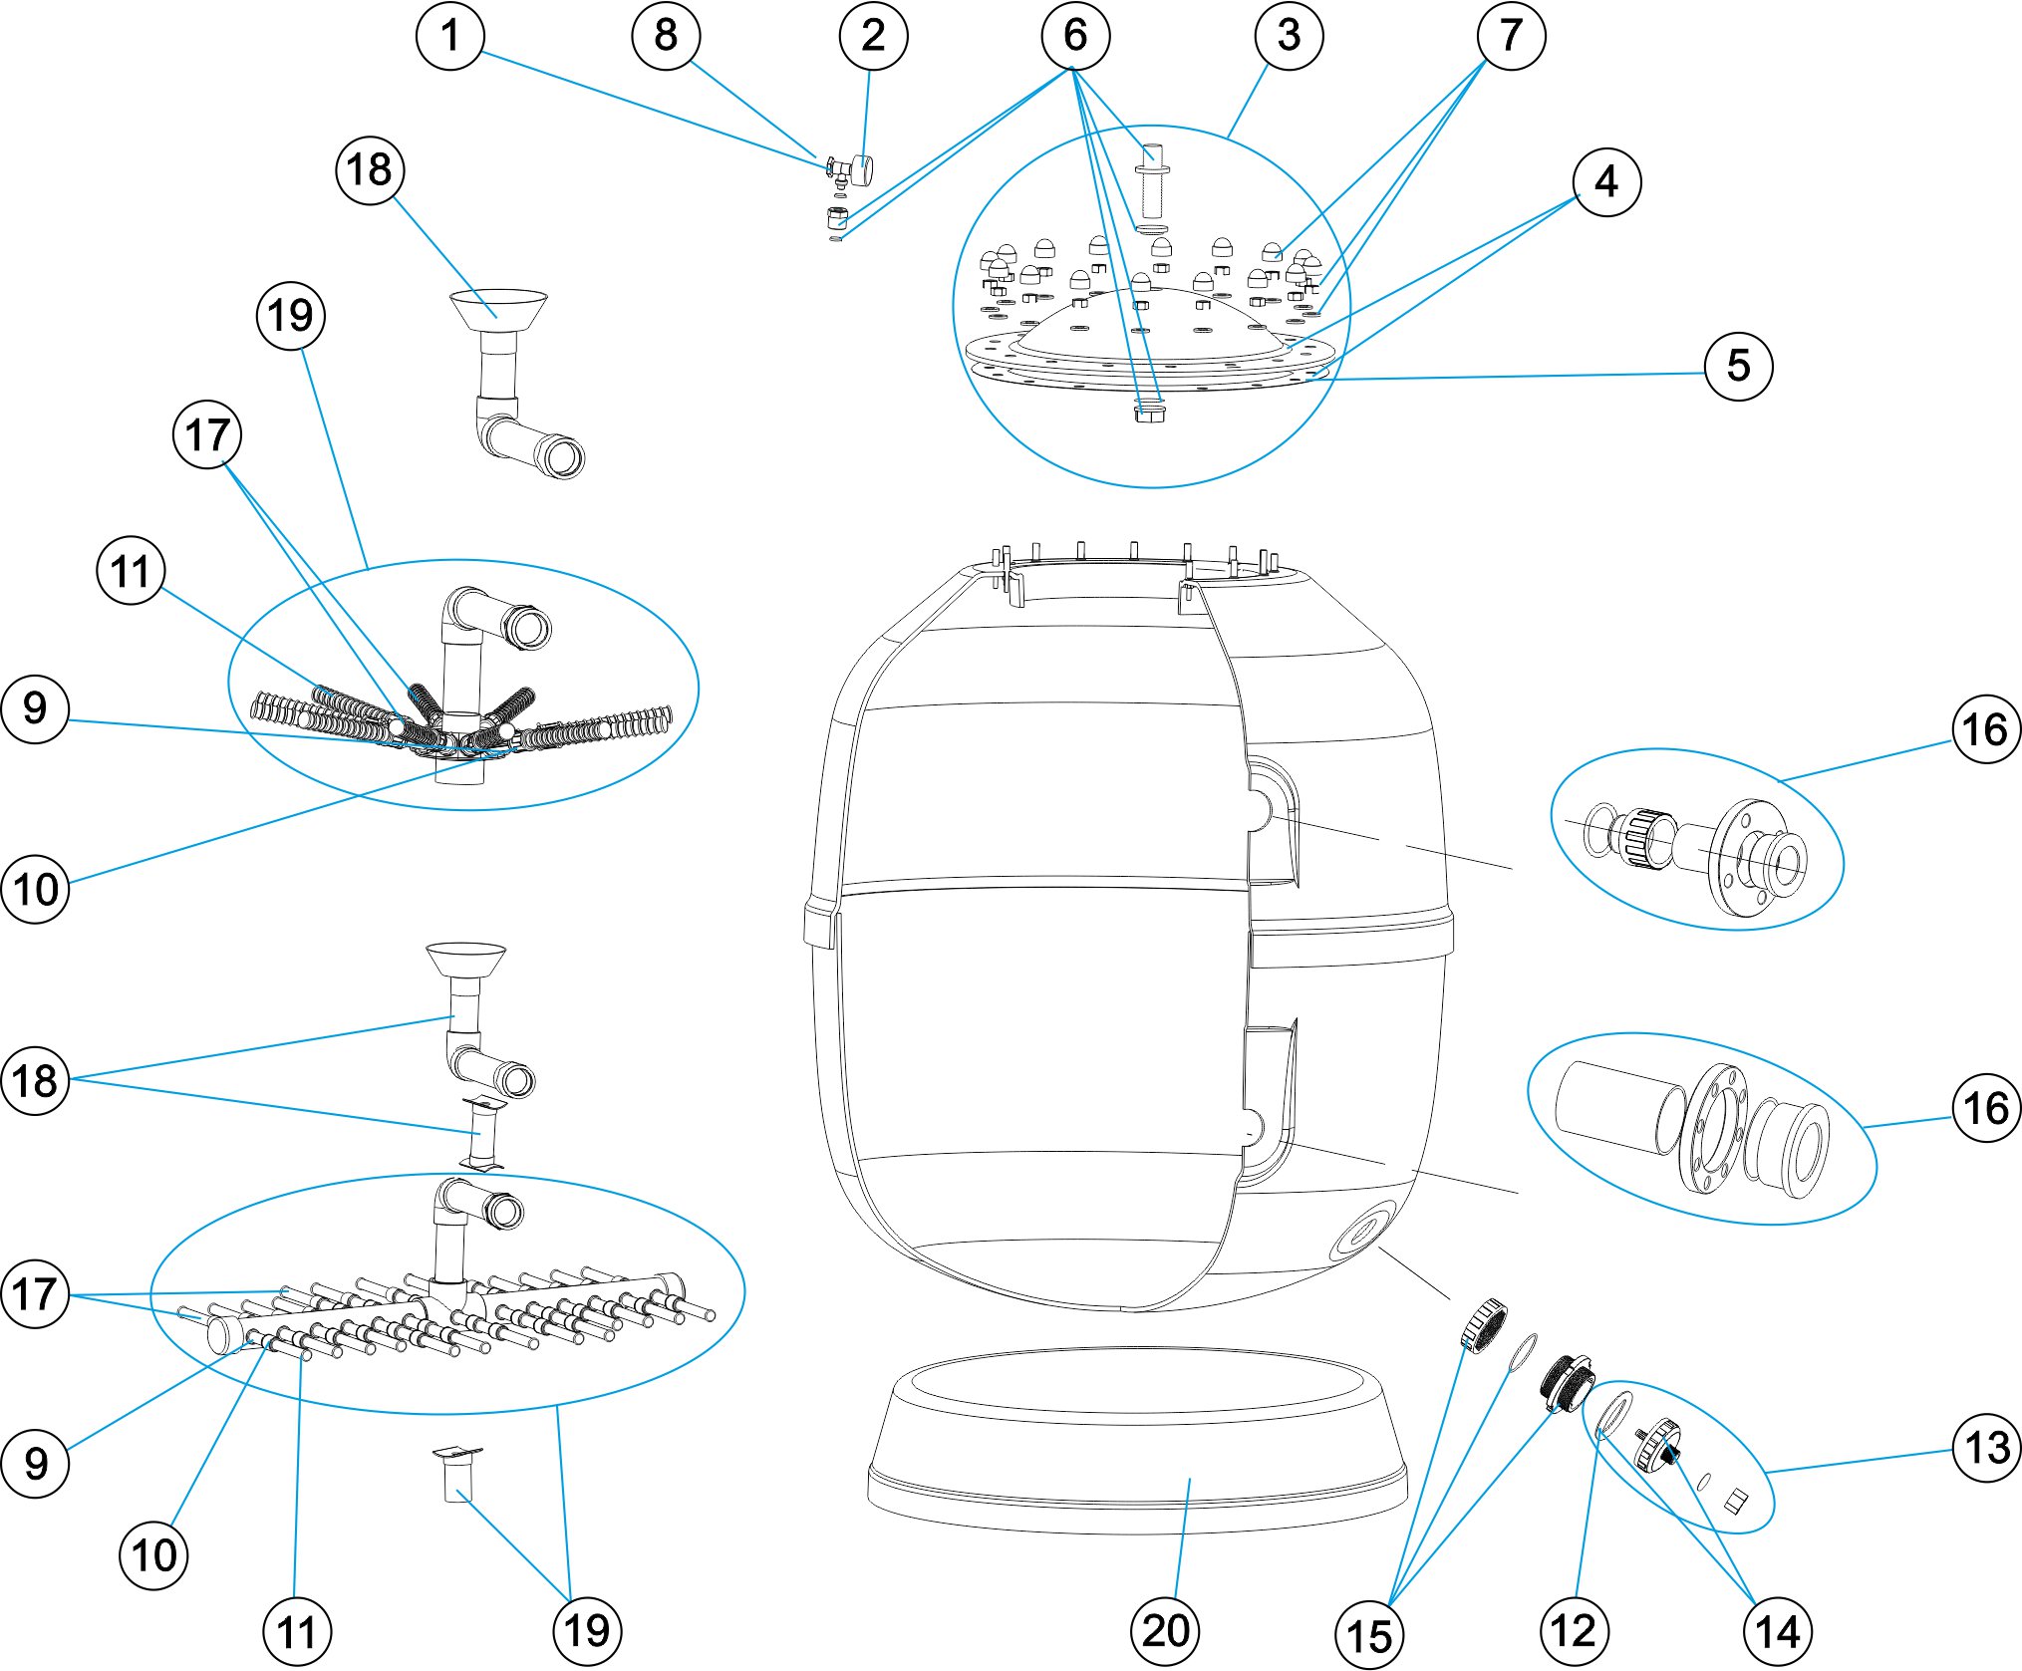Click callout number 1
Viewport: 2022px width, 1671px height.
pyautogui.click(x=450, y=36)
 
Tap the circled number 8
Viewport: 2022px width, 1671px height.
pyautogui.click(x=666, y=36)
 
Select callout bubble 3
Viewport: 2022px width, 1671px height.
pyautogui.click(x=1289, y=36)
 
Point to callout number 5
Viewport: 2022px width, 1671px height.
pyautogui.click(x=1738, y=366)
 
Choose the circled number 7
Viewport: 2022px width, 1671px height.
pyautogui.click(x=1511, y=36)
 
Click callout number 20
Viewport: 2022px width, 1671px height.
pyautogui.click(x=1165, y=1631)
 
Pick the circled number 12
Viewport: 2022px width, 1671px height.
pyautogui.click(x=1574, y=1631)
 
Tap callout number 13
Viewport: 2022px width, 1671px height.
pyautogui.click(x=1986, y=1448)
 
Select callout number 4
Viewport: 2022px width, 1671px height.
pyautogui.click(x=1606, y=182)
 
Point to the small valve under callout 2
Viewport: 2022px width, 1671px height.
pyautogui.click(x=849, y=172)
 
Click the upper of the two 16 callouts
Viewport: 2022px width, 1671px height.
pyautogui.click(x=1985, y=729)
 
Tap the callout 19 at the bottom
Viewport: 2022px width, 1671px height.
pyautogui.click(x=587, y=1631)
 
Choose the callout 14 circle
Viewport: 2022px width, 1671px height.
pyautogui.click(x=1777, y=1631)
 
